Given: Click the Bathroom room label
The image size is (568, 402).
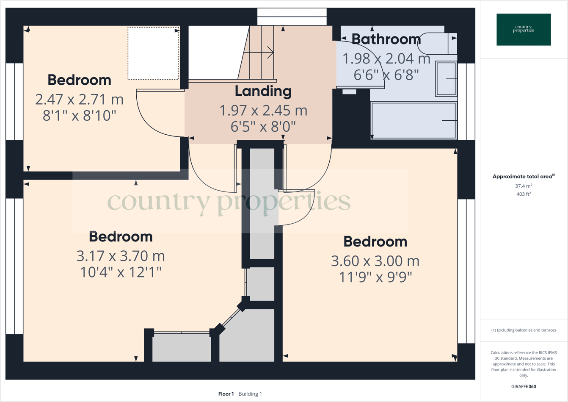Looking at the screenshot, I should click(386, 39).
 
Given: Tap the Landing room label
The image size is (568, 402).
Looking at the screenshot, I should click(263, 91).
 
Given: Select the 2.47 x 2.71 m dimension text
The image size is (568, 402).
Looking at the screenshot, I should click(80, 100).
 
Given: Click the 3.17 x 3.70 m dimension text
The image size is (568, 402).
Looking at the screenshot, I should click(121, 256).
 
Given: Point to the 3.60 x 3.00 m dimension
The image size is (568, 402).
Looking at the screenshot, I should click(375, 261).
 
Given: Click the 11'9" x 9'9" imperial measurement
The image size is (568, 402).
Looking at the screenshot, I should click(375, 277).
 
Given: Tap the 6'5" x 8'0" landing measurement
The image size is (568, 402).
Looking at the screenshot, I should click(263, 126).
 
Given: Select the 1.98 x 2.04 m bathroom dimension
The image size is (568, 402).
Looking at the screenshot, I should click(386, 59).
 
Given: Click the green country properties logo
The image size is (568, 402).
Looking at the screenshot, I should click(524, 30).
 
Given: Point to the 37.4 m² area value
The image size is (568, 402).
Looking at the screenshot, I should click(524, 186).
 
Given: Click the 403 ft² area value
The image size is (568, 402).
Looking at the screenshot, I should click(524, 194).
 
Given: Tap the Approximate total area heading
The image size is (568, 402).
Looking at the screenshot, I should click(524, 177).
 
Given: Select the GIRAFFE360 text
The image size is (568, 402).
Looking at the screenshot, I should click(524, 386).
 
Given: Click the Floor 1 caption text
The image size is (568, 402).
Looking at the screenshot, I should click(226, 394).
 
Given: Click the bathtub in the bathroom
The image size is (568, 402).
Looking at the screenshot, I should click(413, 120).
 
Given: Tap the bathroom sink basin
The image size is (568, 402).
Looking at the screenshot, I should click(446, 79).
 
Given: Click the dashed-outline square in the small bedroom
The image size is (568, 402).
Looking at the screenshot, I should click(153, 53).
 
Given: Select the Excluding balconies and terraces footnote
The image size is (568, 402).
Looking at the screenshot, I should click(524, 330).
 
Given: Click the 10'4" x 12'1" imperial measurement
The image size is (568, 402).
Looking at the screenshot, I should click(121, 272).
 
